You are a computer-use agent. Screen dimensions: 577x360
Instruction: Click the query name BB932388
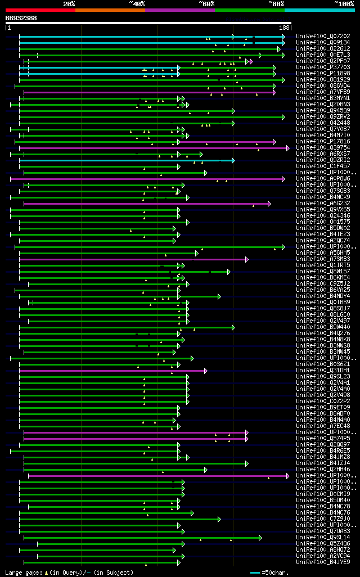coord(21,18)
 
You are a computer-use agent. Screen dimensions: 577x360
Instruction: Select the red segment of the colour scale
coord(40,10)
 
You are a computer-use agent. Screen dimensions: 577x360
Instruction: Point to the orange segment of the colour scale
coord(110,10)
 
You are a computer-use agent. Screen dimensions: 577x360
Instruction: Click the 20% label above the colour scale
coord(69,3)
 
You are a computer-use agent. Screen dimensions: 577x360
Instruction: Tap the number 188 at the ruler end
coord(284,27)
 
